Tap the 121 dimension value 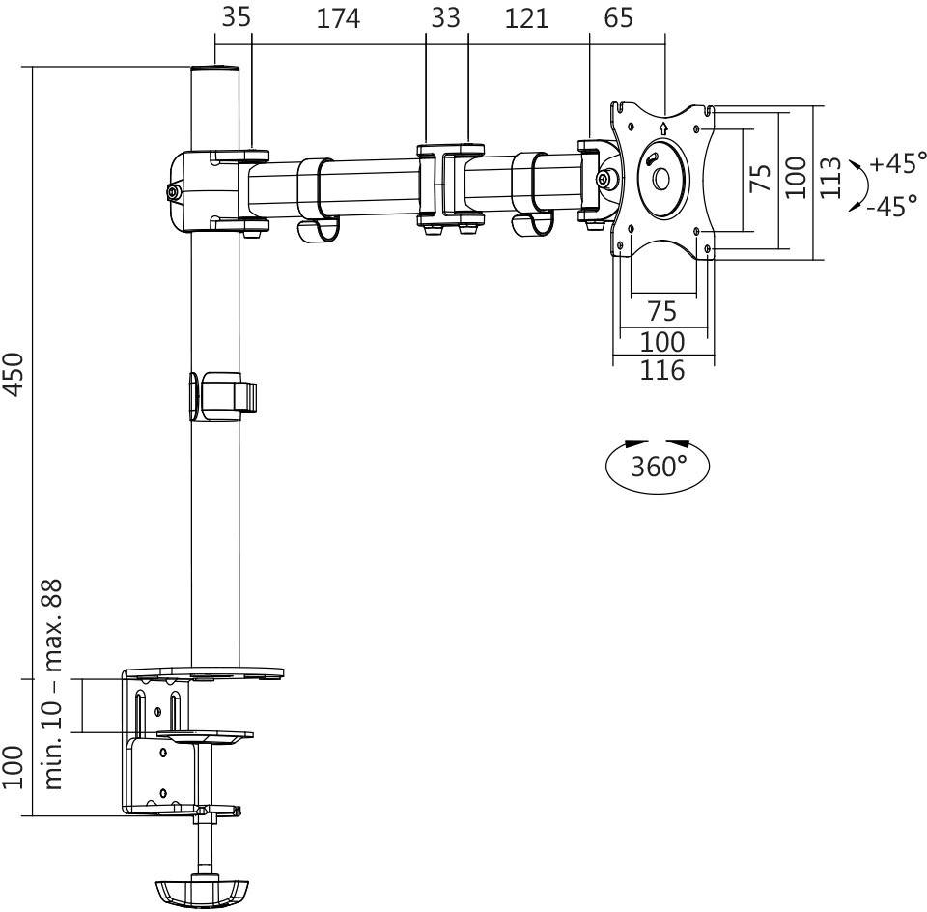[x=526, y=18]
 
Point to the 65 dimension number [x=618, y=18]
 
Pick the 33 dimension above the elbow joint [x=445, y=18]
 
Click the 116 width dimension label [x=662, y=370]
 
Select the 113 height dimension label [x=829, y=178]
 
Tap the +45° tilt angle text [x=897, y=163]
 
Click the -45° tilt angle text [x=891, y=207]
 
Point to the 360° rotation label [x=658, y=467]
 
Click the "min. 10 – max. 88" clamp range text [x=52, y=683]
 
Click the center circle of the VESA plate [x=661, y=179]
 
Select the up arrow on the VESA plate [x=663, y=126]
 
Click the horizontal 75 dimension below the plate [x=661, y=311]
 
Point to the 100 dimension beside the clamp [x=13, y=767]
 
